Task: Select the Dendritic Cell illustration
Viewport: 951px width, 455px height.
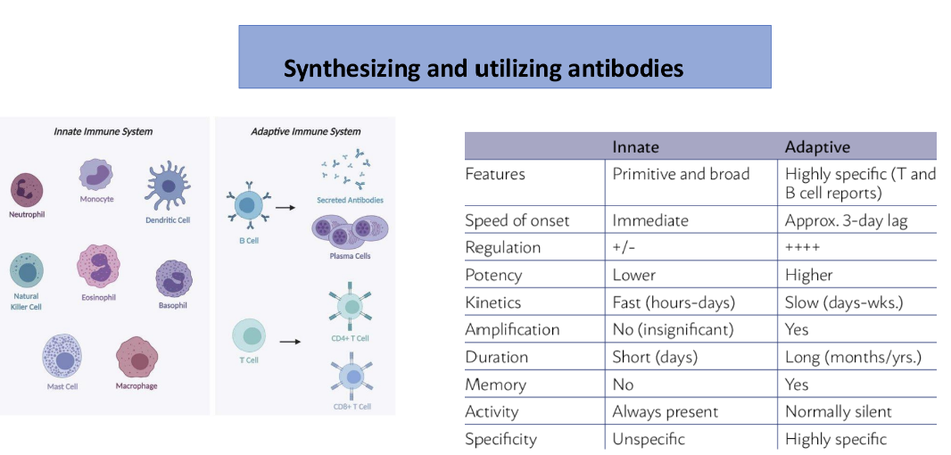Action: [168, 186]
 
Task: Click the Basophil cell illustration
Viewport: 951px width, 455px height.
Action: [173, 278]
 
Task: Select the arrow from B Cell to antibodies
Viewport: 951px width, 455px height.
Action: [285, 207]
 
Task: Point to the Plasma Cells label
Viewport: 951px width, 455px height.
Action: [350, 256]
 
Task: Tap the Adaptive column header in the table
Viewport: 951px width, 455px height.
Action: [817, 146]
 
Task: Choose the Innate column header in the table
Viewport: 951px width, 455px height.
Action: [635, 146]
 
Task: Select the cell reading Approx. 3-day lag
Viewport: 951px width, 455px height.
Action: [846, 220]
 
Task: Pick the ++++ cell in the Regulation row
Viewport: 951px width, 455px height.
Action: [802, 247]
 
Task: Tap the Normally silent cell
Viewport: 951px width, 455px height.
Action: [838, 411]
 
